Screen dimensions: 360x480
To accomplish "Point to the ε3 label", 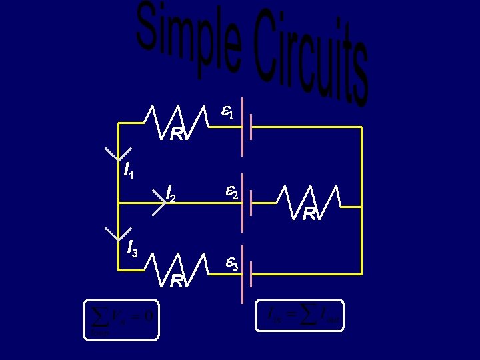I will (231, 265).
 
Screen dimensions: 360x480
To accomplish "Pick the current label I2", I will (171, 194).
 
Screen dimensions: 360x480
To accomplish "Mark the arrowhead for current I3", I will (118, 233).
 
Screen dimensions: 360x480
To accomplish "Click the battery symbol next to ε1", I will (246, 120).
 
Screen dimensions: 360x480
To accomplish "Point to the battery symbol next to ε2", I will (246, 195).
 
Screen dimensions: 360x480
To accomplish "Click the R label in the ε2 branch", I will (310, 214).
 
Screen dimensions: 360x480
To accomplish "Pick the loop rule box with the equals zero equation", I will (122, 321).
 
